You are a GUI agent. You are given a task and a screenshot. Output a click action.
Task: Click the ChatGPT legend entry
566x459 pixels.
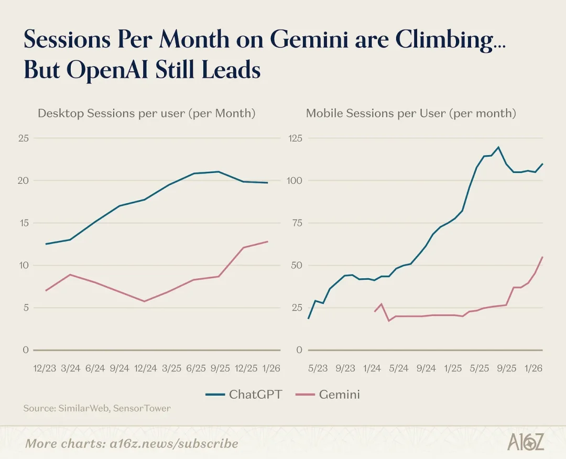click(244, 394)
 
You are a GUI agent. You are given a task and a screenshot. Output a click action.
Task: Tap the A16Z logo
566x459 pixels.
click(526, 442)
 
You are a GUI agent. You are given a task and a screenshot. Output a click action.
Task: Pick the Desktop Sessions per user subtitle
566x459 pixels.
click(146, 113)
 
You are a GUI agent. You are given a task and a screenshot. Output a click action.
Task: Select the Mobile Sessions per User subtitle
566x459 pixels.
click(411, 113)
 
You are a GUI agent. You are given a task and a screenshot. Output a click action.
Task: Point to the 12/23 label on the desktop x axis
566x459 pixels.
click(45, 368)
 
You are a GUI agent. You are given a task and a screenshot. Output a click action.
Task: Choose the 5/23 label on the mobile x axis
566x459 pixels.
click(318, 368)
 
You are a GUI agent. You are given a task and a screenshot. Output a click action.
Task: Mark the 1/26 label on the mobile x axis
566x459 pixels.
click(534, 368)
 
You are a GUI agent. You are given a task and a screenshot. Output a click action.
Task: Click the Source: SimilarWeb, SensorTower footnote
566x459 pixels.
click(97, 408)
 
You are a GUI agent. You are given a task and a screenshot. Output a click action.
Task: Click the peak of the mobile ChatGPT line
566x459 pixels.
click(498, 147)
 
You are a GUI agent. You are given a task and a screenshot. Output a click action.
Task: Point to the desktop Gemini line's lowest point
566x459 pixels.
click(145, 301)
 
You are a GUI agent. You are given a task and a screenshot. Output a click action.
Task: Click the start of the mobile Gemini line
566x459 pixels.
click(374, 312)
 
